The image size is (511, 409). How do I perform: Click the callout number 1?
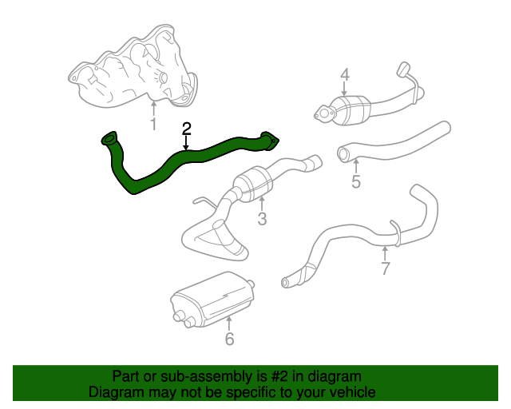pos(153,124)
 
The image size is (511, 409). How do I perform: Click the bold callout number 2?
pos(186,129)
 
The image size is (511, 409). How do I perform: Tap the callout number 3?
pos(261,219)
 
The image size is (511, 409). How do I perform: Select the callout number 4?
pos(345,76)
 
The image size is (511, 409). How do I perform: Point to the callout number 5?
pos(356,181)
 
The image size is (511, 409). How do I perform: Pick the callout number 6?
pos(229,339)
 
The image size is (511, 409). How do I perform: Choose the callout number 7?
pos(385,268)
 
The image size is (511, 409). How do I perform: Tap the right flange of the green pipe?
pos(271,142)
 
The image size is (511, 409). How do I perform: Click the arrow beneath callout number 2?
pos(186,144)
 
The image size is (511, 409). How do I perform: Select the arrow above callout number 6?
pos(229,322)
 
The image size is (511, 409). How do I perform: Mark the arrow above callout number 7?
pos(385,252)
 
